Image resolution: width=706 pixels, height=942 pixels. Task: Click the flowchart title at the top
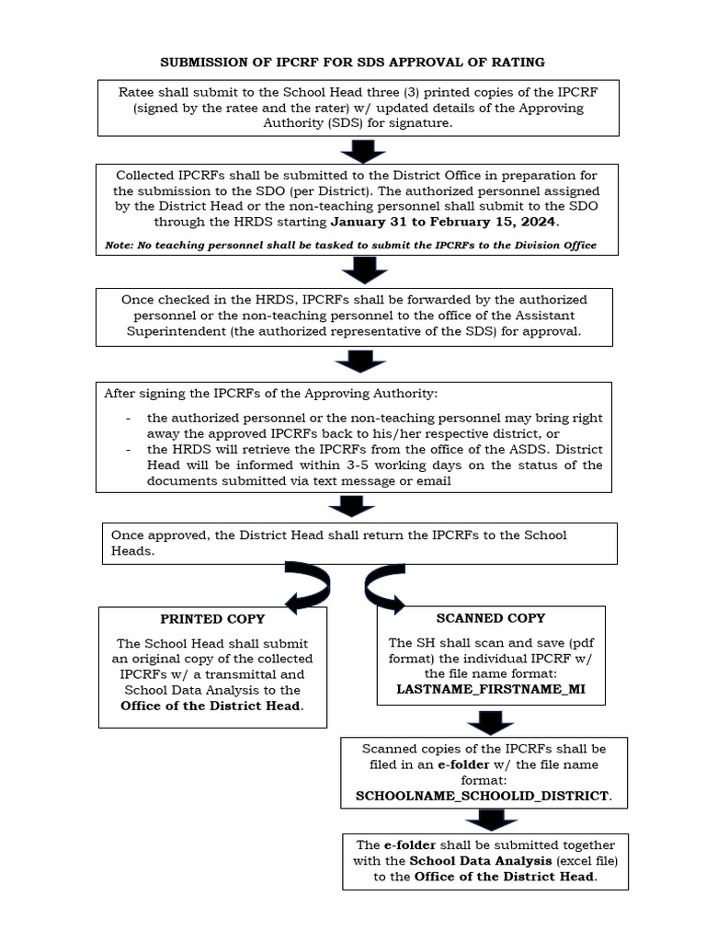click(353, 62)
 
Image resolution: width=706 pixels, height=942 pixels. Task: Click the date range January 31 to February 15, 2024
click(444, 222)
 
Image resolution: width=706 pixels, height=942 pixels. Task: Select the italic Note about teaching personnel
click(350, 245)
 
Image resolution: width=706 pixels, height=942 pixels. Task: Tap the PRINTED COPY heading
click(212, 619)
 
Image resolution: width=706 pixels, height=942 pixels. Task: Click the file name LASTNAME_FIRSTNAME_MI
click(490, 688)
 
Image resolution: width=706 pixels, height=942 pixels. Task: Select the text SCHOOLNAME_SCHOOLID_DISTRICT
click(484, 795)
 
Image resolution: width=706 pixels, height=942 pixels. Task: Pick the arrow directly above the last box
click(485, 821)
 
